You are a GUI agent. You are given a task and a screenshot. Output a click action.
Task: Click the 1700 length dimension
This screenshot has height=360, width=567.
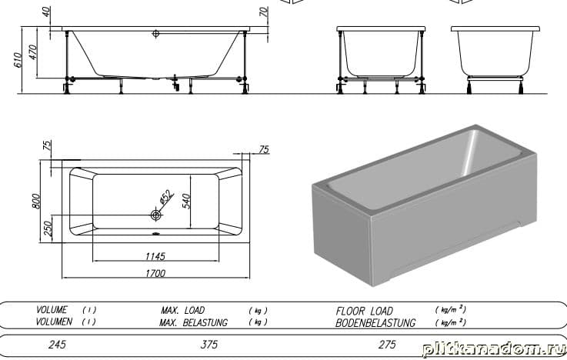click(x=155, y=273)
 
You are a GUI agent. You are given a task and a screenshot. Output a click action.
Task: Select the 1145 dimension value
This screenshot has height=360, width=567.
click(x=155, y=256)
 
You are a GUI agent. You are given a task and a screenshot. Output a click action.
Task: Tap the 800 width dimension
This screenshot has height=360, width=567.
click(x=36, y=201)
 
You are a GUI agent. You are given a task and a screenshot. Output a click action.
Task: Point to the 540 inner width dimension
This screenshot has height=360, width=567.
click(x=186, y=201)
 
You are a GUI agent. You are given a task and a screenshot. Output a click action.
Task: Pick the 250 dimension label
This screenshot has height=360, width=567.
click(x=48, y=228)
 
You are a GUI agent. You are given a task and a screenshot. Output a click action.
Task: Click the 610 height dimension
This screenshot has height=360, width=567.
click(x=18, y=60)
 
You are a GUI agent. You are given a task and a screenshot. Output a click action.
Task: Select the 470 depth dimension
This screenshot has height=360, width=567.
click(x=32, y=52)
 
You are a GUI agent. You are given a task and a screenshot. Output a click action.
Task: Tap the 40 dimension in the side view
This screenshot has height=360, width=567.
click(x=47, y=12)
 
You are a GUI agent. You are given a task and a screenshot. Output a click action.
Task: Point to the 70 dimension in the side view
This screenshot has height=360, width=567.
click(x=265, y=12)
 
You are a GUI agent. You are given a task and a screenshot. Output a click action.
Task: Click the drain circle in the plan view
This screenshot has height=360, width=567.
click(x=156, y=215)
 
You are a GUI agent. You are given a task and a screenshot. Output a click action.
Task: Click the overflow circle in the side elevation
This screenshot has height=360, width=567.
click(x=156, y=34)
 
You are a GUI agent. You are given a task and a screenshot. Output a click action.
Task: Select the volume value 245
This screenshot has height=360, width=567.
click(x=57, y=344)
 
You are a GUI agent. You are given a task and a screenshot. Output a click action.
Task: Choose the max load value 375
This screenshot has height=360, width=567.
click(x=209, y=344)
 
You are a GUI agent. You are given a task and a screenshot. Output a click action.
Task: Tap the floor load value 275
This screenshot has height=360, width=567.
click(x=387, y=344)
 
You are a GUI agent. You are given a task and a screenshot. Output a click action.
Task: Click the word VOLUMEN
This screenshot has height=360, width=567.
click(x=54, y=322)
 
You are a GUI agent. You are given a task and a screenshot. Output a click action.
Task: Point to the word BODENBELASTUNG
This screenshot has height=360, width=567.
click(x=375, y=322)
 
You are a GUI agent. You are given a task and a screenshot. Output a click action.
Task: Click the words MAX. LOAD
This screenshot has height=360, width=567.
click(x=182, y=310)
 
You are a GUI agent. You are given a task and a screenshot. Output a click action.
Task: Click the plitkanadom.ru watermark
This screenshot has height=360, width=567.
click(x=494, y=350)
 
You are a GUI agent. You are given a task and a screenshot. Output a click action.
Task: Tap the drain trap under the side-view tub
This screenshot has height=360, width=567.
click(x=175, y=83)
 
